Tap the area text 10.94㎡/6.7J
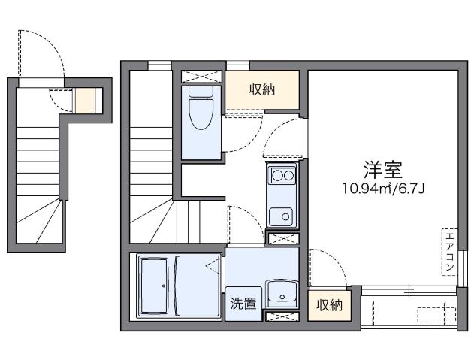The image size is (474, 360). pos(384,187)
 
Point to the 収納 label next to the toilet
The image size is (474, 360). pos(262,90)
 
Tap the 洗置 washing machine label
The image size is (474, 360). pos(243,304)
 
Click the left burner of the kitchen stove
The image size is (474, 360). pos(276,177)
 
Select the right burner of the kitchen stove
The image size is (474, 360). pos(288,177)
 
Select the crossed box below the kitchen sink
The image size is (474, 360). pos(282,239)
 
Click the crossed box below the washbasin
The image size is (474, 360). pos(282,317)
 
